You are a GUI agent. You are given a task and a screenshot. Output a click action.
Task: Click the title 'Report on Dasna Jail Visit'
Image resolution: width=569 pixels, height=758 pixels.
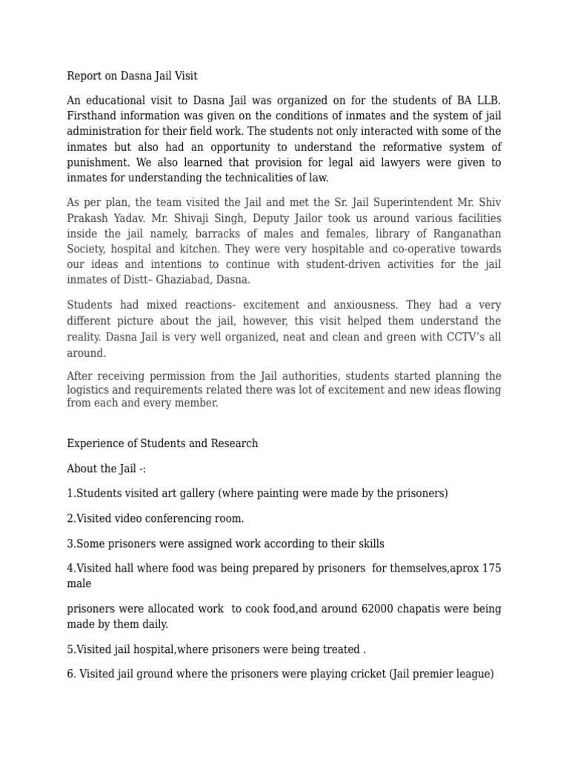(x=132, y=76)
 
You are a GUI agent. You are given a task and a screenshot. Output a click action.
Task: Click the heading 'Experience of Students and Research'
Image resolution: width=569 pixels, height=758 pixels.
(x=162, y=443)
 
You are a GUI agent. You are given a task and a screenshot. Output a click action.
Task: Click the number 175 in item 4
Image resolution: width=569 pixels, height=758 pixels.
(x=491, y=568)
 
